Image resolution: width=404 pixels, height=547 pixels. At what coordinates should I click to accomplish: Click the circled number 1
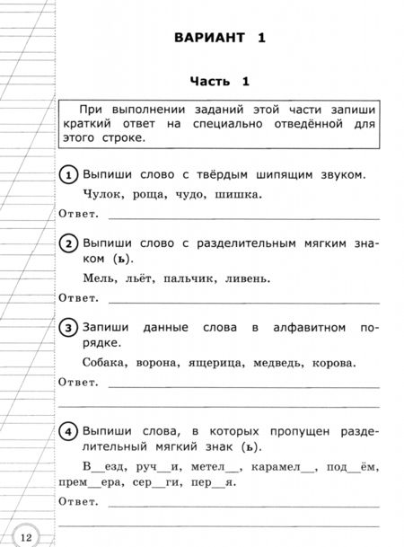point(68,173)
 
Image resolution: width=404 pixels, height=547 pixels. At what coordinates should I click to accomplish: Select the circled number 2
point(68,243)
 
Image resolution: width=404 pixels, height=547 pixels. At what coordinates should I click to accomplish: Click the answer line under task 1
point(242,216)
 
